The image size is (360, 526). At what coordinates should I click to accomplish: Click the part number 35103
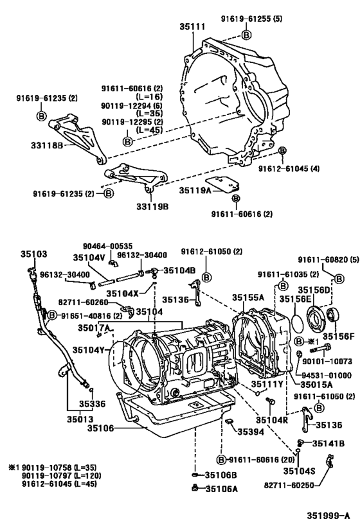[33, 254]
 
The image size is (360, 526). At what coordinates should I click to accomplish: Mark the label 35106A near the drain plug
[221, 489]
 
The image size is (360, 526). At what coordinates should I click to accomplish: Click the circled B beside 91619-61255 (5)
[246, 34]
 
